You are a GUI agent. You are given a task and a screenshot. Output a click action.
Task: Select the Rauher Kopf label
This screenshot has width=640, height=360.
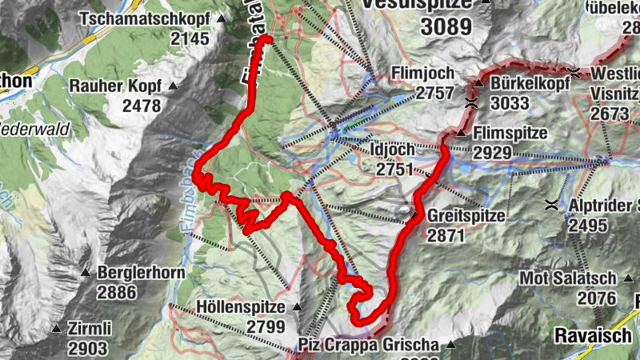pyautogui.click(x=116, y=86)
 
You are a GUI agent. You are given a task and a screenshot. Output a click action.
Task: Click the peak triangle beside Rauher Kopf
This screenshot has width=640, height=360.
pyautogui.click(x=171, y=86)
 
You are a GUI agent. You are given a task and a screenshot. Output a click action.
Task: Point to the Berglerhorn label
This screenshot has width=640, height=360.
pyautogui.click(x=136, y=272)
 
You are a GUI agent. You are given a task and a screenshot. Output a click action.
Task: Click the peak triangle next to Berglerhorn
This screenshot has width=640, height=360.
pyautogui.click(x=86, y=273)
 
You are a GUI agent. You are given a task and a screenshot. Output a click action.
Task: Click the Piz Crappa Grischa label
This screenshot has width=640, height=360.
pyautogui.click(x=369, y=346)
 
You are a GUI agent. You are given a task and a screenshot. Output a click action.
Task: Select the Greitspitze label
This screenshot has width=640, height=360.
pyautogui.click(x=466, y=216)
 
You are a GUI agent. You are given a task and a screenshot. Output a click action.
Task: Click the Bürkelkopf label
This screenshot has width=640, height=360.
pyautogui.click(x=524, y=83)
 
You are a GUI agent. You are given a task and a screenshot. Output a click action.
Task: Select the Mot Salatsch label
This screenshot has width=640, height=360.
pyautogui.click(x=568, y=278)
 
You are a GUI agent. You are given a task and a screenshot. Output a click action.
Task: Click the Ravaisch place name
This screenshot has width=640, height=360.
pyautogui.click(x=593, y=335)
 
